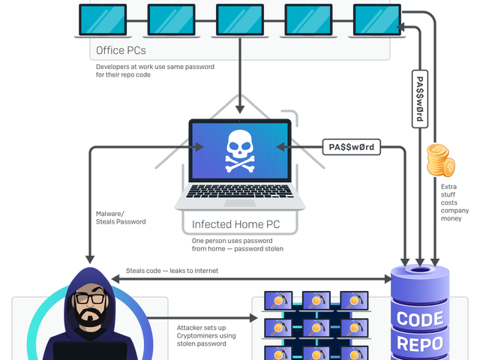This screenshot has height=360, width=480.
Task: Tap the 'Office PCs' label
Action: click(x=121, y=52)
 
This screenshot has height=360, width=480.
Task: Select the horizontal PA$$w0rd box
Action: click(x=352, y=145)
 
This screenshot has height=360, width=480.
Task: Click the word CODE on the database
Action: click(x=419, y=319)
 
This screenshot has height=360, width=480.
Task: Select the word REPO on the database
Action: click(x=419, y=344)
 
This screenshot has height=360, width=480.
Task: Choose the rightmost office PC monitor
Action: click(x=376, y=19)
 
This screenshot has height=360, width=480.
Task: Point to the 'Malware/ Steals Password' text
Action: click(x=120, y=217)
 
